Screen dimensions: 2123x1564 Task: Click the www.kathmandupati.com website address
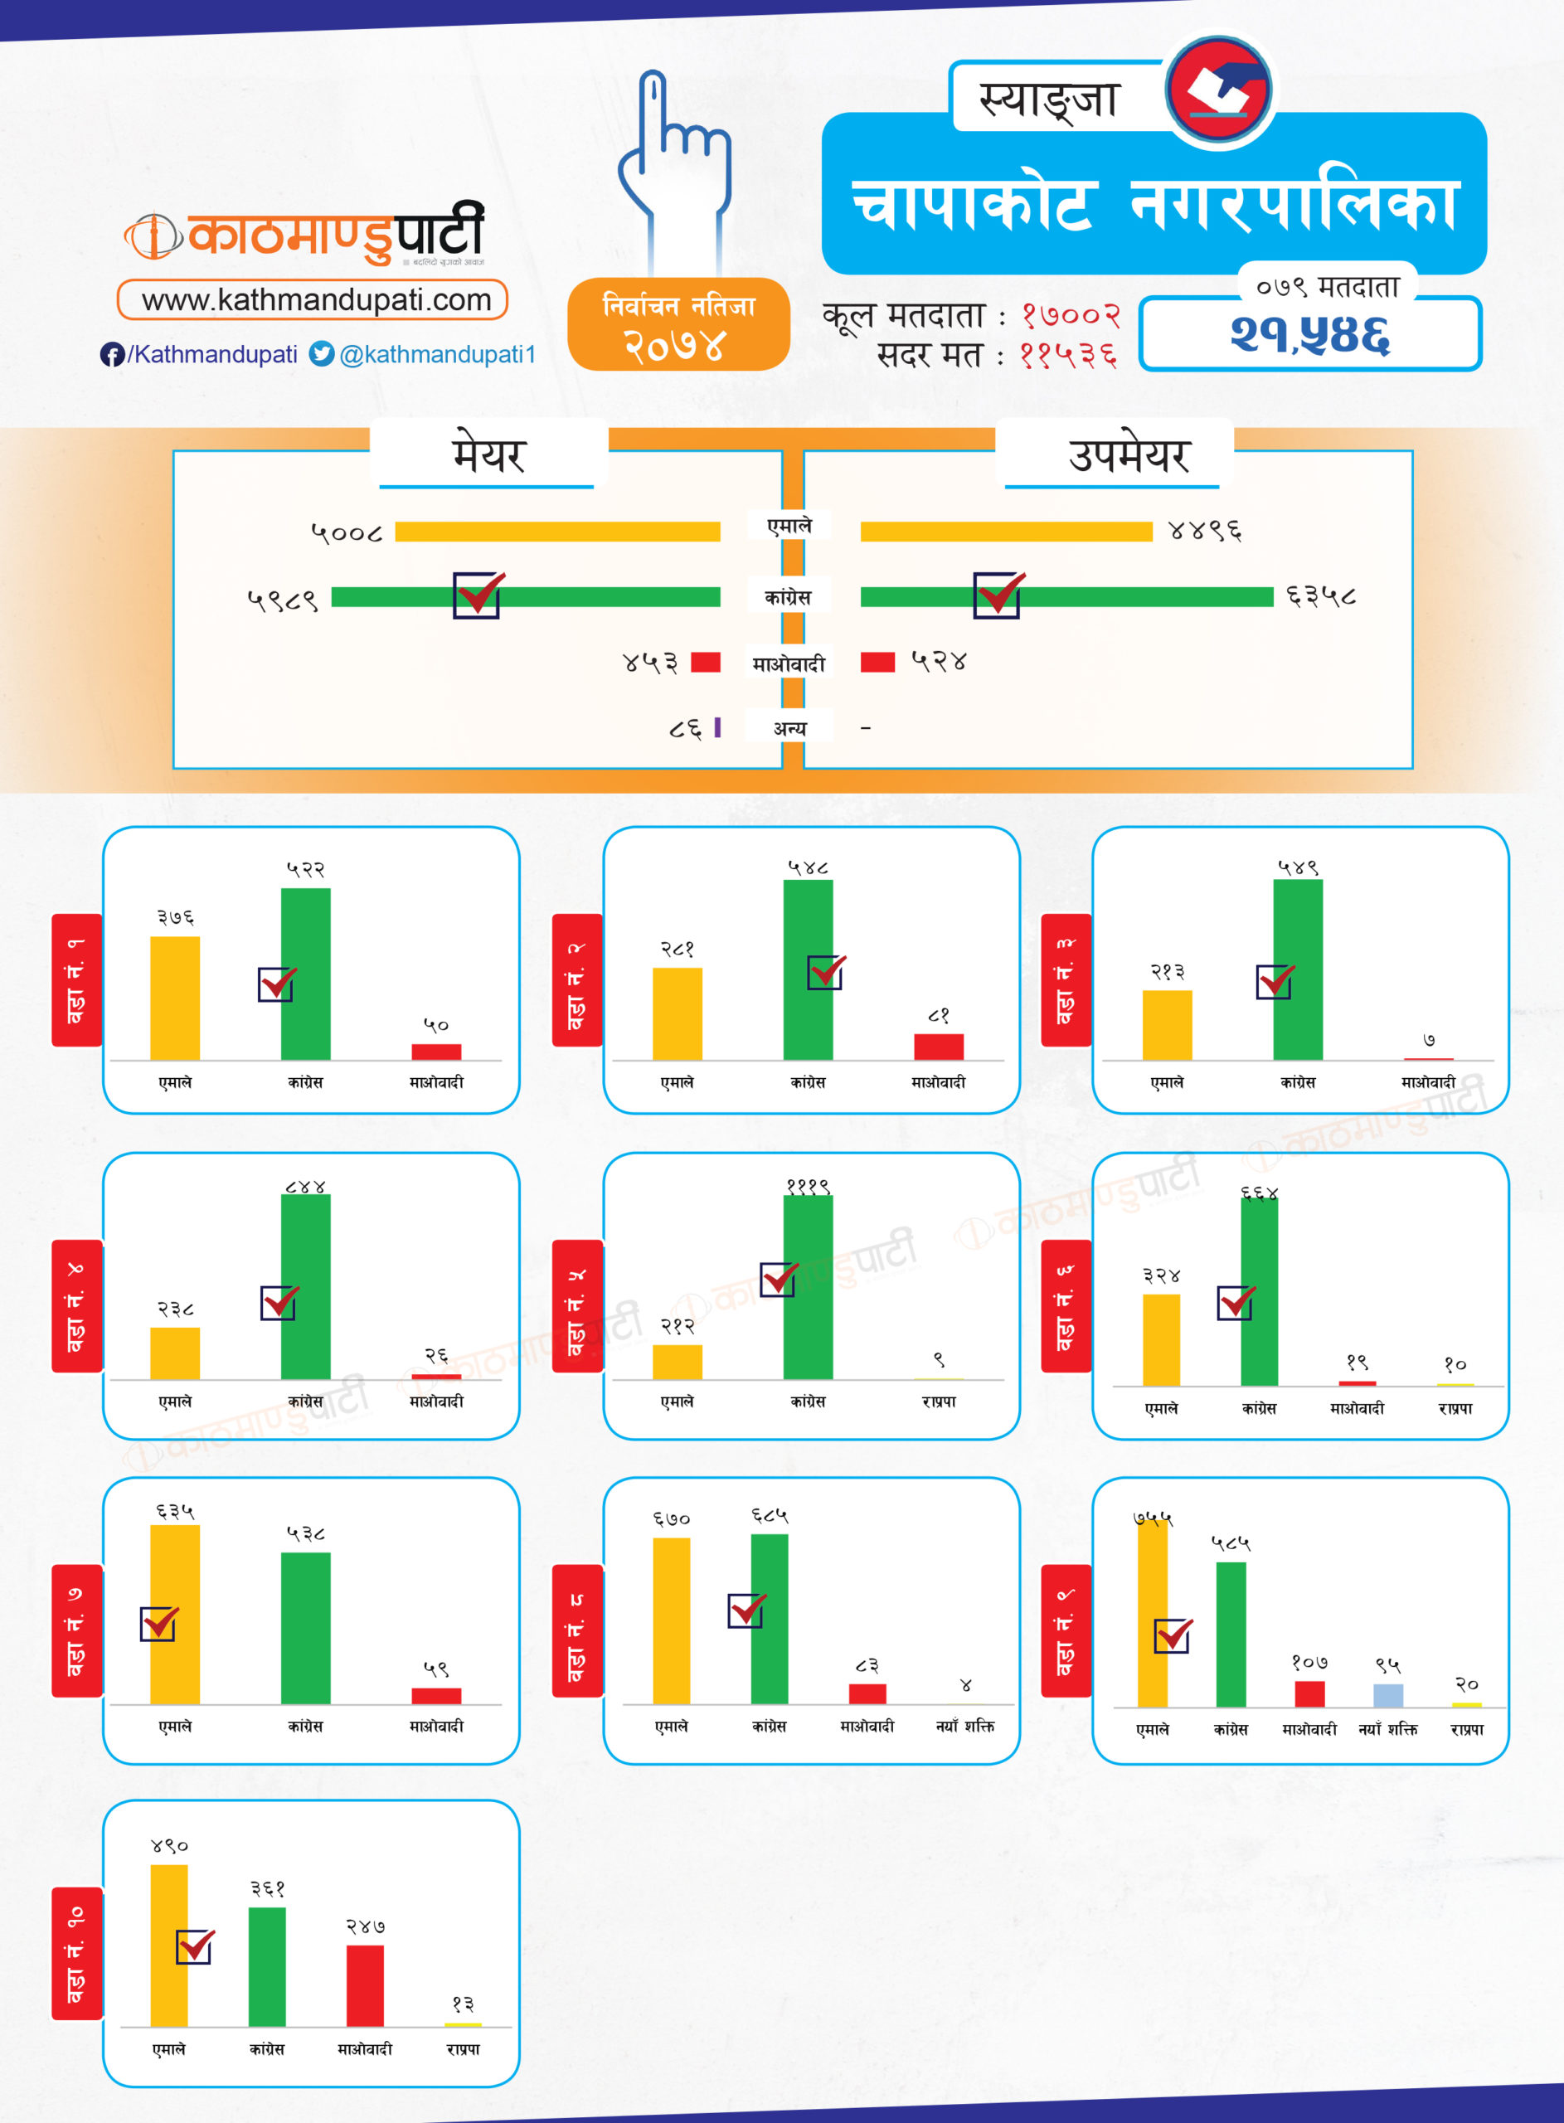(x=315, y=300)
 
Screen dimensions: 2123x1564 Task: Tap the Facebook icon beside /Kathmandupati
(x=112, y=354)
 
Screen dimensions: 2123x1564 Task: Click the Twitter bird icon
(x=322, y=354)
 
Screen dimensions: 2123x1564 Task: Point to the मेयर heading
(x=488, y=455)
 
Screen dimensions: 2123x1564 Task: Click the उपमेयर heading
(x=1128, y=455)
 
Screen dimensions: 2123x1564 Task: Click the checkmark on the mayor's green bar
(x=477, y=595)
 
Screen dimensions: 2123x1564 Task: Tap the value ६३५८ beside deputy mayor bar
(x=1321, y=596)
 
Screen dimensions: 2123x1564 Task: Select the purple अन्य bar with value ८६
(x=716, y=727)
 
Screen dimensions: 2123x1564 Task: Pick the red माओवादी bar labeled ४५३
(x=706, y=662)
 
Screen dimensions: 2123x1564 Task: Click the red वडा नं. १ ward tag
(x=76, y=979)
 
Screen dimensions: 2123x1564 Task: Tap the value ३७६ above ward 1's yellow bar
(x=175, y=917)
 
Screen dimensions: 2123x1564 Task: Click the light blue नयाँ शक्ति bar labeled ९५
(x=1388, y=1694)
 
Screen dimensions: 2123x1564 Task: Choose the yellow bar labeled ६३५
(x=175, y=1614)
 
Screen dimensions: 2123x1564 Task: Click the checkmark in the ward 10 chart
(x=195, y=1946)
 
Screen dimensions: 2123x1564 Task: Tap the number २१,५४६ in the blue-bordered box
(x=1309, y=334)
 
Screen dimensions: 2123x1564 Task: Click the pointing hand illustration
(x=674, y=161)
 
